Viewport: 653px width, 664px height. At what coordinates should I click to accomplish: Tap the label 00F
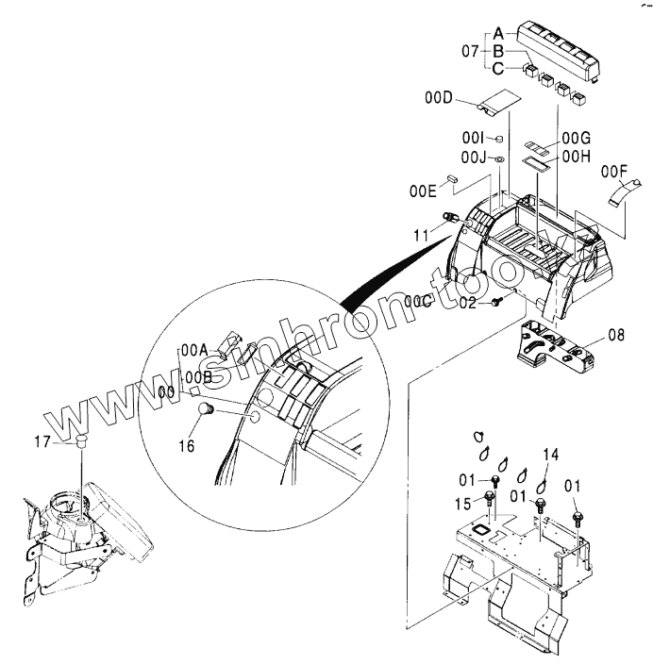[613, 171]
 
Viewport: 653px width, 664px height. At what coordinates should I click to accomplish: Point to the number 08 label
[616, 333]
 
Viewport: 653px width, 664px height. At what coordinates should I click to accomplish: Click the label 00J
[474, 156]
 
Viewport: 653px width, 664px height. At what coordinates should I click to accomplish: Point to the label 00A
[193, 348]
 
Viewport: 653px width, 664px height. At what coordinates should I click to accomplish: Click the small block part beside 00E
[452, 176]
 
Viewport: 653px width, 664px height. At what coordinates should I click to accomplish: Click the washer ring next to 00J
[499, 157]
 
